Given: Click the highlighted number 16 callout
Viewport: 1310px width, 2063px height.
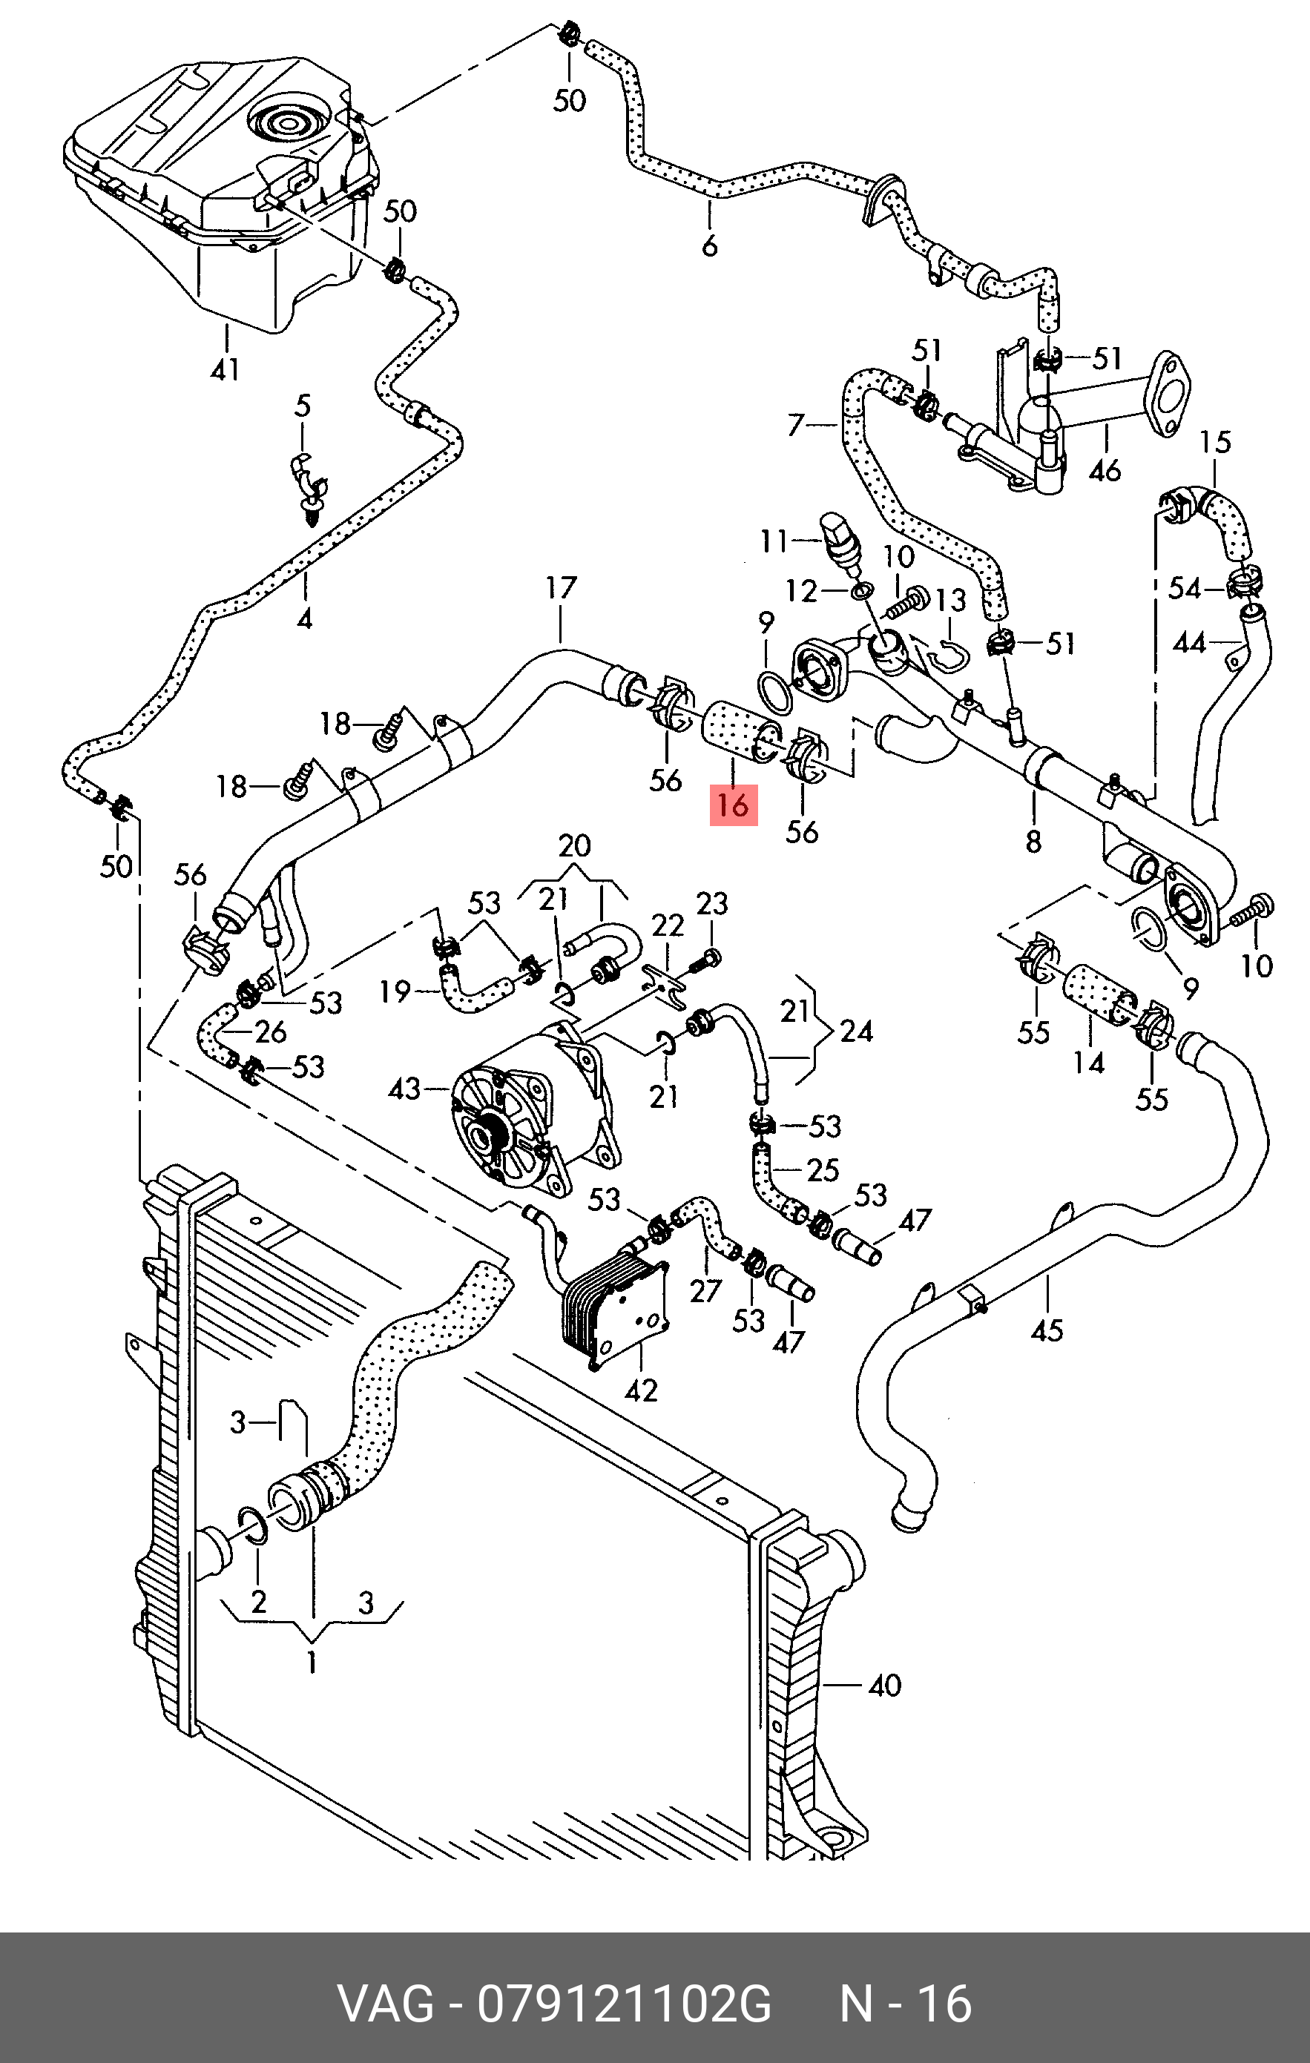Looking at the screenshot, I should (x=734, y=805).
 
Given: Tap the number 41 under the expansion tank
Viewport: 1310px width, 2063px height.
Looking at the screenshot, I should (x=225, y=370).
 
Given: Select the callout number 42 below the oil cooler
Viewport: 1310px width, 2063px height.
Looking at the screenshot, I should (x=641, y=1390).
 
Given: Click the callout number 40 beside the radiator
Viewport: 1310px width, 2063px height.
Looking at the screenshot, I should (x=884, y=1686).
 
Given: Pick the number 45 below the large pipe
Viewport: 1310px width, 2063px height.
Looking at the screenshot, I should (x=1047, y=1330).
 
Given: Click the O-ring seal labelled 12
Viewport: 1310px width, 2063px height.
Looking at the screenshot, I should (x=862, y=590).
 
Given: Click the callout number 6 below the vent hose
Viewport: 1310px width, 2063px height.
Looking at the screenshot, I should (x=709, y=247).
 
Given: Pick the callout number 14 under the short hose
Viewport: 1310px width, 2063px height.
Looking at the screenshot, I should (x=1089, y=1063).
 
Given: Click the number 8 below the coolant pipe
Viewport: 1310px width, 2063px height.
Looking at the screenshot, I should (x=1033, y=842).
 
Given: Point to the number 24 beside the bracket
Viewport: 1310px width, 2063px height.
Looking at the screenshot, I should (x=857, y=1031).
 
